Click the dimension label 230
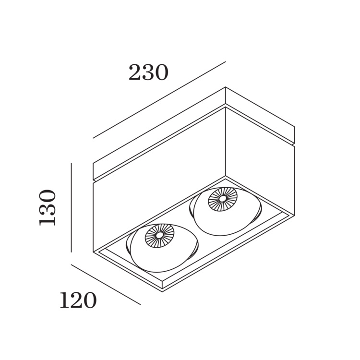point(148,72)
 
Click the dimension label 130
point(48,207)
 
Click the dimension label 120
point(78,300)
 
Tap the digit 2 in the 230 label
point(135,72)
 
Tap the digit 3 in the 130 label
point(48,207)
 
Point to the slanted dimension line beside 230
point(159,100)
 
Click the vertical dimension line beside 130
point(72,207)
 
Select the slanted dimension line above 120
point(106,285)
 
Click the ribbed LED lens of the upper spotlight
point(222,199)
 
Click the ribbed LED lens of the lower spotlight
point(159,236)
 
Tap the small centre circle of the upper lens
point(222,199)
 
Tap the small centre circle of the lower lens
point(159,236)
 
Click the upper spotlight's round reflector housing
point(226,211)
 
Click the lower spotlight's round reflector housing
point(162,248)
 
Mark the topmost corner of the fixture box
point(226,87)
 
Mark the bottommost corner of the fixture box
point(162,292)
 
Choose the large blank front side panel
point(159,179)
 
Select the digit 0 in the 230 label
point(162,72)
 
